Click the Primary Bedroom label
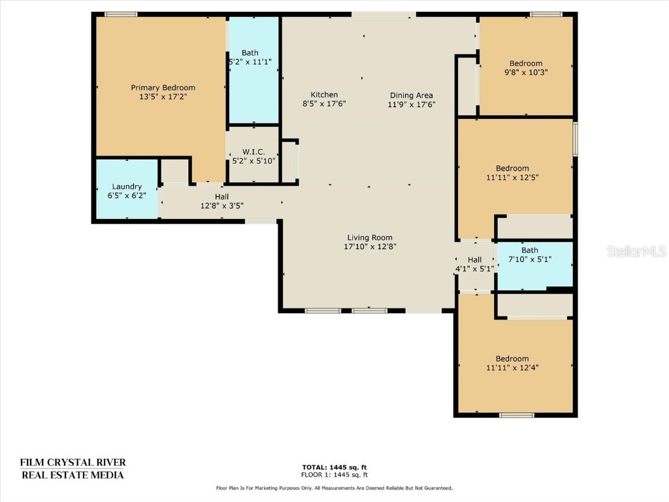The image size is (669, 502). pyautogui.click(x=163, y=88)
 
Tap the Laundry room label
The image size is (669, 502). pyautogui.click(x=127, y=186)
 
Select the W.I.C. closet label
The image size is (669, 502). pyautogui.click(x=254, y=152)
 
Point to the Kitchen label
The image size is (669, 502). pyautogui.click(x=324, y=95)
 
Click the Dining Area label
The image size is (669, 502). pyautogui.click(x=412, y=95)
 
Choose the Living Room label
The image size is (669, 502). pyautogui.click(x=370, y=238)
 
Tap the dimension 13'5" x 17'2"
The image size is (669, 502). pyautogui.click(x=163, y=97)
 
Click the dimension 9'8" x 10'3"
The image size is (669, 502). pyautogui.click(x=526, y=73)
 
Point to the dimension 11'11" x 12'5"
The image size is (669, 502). pyautogui.click(x=512, y=178)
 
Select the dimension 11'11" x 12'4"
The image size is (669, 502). pyautogui.click(x=512, y=368)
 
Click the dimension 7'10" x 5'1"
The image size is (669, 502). pyautogui.click(x=530, y=259)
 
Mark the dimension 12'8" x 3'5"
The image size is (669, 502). pyautogui.click(x=222, y=206)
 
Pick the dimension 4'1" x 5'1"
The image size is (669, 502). pyautogui.click(x=475, y=269)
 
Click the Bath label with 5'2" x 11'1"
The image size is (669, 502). pyautogui.click(x=250, y=53)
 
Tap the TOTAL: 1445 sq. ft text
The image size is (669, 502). pyautogui.click(x=334, y=467)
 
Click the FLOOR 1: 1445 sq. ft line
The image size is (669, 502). pyautogui.click(x=334, y=475)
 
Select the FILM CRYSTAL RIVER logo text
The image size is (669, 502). pyautogui.click(x=73, y=463)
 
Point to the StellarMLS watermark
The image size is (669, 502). pyautogui.click(x=636, y=251)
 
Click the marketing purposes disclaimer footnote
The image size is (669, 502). pyautogui.click(x=334, y=488)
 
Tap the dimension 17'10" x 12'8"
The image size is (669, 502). pyautogui.click(x=370, y=246)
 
